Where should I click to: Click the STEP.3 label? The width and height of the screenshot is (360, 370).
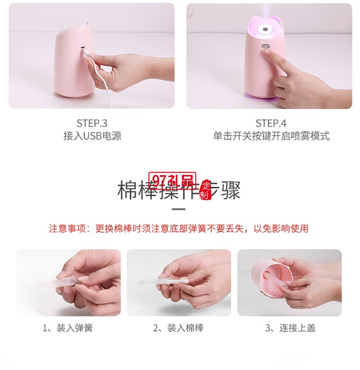click(x=92, y=123)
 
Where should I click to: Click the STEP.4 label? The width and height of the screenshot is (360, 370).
click(x=271, y=123)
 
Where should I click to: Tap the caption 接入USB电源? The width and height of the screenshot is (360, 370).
click(x=92, y=136)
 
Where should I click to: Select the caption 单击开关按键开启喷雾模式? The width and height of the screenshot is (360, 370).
click(x=271, y=136)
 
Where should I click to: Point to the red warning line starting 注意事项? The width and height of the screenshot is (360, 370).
click(x=179, y=228)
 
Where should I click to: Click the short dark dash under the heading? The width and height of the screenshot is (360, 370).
click(x=179, y=209)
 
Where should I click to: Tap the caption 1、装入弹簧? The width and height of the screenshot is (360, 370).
click(x=68, y=328)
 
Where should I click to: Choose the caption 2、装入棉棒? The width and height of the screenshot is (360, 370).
click(x=178, y=328)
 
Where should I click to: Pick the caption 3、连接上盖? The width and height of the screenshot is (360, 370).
click(x=290, y=328)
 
